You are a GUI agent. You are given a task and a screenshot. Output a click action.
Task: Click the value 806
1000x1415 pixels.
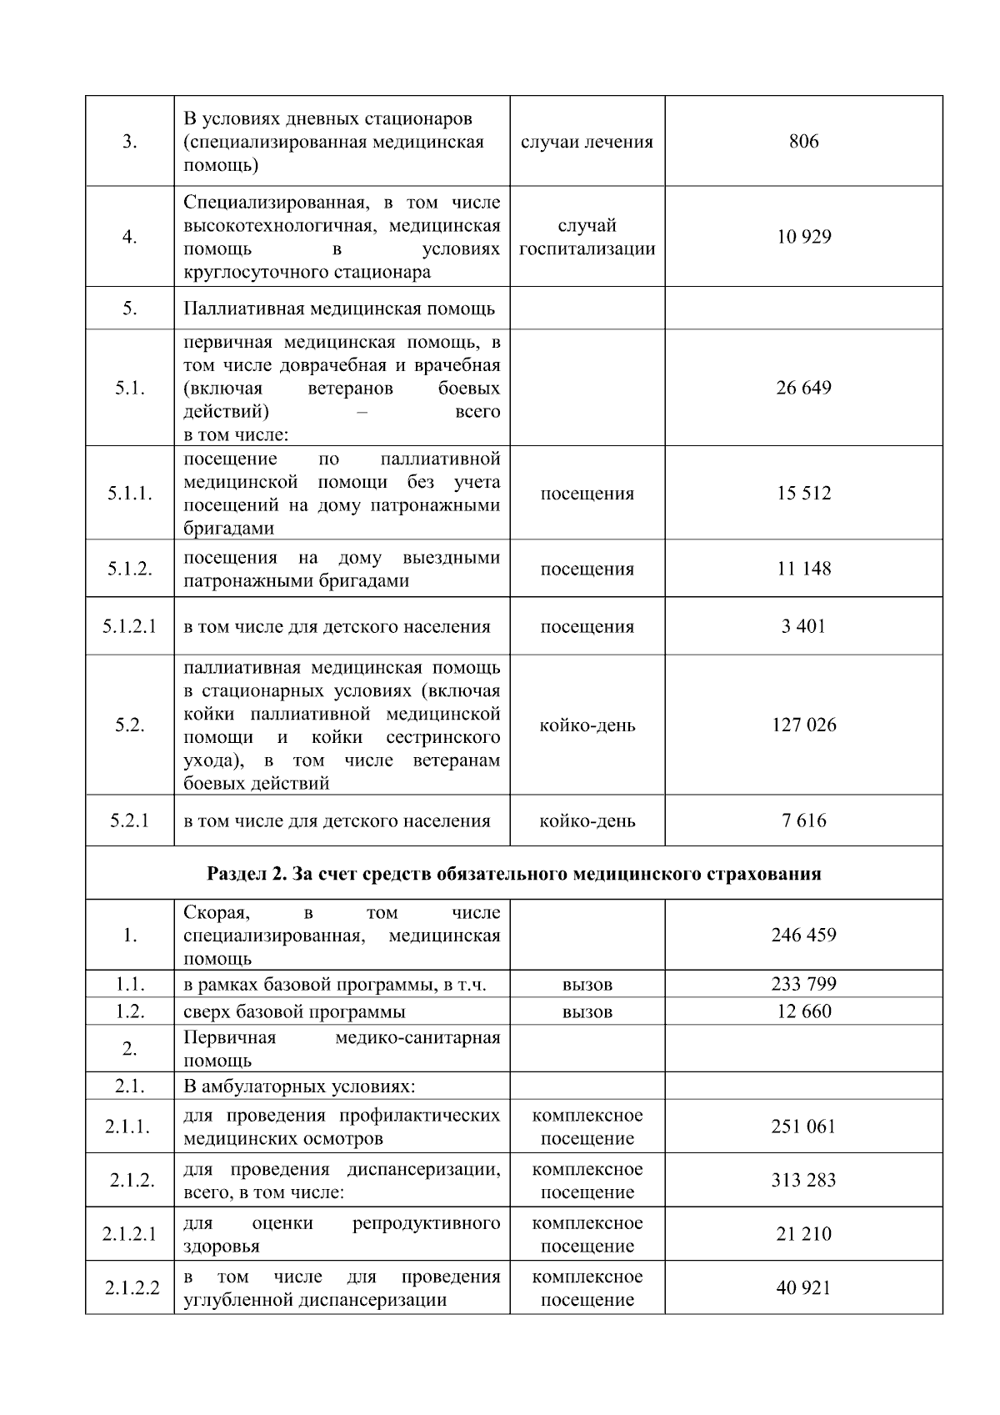pyautogui.click(x=803, y=141)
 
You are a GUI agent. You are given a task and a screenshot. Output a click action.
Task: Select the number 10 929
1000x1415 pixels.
pyautogui.click(x=803, y=237)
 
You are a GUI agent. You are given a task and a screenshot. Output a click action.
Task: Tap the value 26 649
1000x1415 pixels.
pyautogui.click(x=803, y=388)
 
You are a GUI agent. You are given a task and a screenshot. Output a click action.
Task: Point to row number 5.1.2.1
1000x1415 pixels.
pyautogui.click(x=129, y=626)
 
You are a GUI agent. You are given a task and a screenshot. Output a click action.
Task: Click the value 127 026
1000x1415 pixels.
pyautogui.click(x=803, y=725)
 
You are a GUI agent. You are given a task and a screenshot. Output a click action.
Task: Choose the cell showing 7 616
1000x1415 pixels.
pyautogui.click(x=803, y=820)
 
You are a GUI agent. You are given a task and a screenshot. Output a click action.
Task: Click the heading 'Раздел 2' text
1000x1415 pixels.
pyautogui.click(x=513, y=873)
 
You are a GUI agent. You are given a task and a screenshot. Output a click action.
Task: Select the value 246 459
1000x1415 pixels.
pyautogui.click(x=803, y=935)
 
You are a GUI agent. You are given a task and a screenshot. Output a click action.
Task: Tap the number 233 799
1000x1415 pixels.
pyautogui.click(x=803, y=984)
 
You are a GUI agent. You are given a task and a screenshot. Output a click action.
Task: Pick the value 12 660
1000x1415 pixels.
pyautogui.click(x=803, y=1011)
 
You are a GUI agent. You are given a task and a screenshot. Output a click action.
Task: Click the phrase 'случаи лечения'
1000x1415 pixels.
pyautogui.click(x=587, y=141)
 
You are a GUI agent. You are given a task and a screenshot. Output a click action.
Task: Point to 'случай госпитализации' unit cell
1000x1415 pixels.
pyautogui.click(x=587, y=237)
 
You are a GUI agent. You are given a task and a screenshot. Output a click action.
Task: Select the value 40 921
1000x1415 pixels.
pyautogui.click(x=803, y=1288)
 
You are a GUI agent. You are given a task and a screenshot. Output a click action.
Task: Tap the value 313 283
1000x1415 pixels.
pyautogui.click(x=803, y=1180)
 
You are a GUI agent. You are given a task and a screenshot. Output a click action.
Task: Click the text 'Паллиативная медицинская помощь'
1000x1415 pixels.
pyautogui.click(x=339, y=309)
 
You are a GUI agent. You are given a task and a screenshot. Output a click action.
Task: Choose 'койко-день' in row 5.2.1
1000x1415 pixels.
pyautogui.click(x=587, y=820)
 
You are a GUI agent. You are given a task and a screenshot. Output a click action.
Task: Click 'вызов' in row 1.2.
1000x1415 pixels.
pyautogui.click(x=587, y=1011)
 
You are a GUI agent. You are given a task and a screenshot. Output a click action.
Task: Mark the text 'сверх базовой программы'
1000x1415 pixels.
pyautogui.click(x=294, y=1011)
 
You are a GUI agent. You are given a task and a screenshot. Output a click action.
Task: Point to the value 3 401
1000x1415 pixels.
pyautogui.click(x=803, y=626)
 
